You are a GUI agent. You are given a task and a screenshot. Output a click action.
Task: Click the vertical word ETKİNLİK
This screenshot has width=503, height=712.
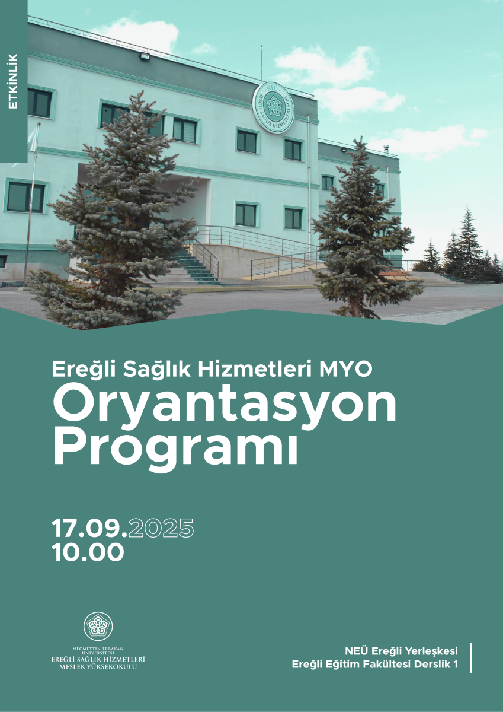click(x=13, y=81)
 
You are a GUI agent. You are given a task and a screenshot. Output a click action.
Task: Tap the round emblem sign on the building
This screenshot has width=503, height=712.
click(x=273, y=107)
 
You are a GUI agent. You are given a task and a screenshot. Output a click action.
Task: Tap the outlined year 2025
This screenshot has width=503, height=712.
click(x=161, y=528)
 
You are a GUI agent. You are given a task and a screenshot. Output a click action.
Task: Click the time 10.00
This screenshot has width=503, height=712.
click(x=88, y=552)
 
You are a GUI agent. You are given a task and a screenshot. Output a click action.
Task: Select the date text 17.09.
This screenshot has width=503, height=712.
click(x=89, y=528)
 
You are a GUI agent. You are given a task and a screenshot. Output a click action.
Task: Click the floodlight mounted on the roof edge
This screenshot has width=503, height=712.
click(x=145, y=57)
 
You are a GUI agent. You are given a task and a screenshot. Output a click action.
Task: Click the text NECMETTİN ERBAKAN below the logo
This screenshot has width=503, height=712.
click(x=98, y=649)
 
